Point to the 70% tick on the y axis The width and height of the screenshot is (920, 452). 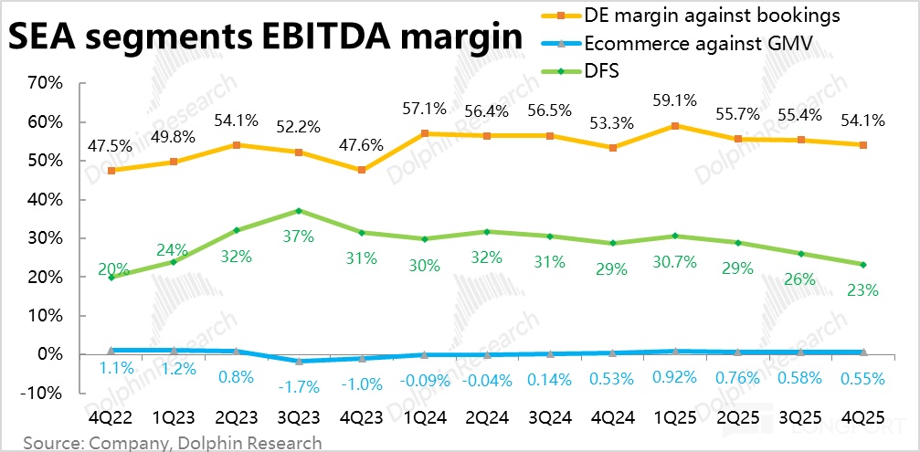[44, 83]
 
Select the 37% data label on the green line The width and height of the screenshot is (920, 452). [298, 236]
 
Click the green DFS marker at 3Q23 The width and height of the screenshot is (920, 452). [299, 211]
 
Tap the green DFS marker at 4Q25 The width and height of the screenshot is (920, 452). [863, 265]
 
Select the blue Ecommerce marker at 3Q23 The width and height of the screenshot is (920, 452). [299, 362]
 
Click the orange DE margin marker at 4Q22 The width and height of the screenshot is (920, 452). [111, 170]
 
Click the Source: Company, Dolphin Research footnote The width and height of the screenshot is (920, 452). [173, 443]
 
